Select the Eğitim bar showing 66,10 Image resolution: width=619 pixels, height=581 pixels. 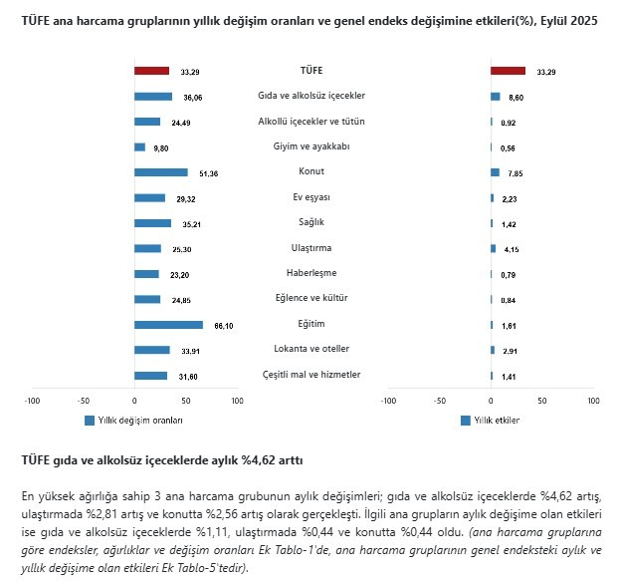click(168, 325)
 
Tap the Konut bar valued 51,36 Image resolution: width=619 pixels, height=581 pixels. click(161, 172)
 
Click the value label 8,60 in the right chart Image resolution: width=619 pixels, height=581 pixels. click(516, 98)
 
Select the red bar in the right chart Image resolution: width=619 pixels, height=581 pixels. click(508, 71)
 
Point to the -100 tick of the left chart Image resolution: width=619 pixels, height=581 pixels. click(32, 401)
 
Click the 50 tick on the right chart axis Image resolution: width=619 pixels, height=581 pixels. click(542, 401)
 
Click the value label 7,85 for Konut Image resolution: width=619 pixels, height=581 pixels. click(516, 172)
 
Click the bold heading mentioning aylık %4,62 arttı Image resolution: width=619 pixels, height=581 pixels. click(161, 460)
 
